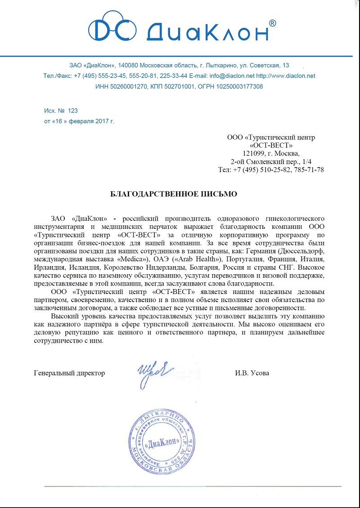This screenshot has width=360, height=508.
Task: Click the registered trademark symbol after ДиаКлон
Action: (x=272, y=23)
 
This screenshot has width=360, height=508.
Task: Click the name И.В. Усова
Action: (x=252, y=373)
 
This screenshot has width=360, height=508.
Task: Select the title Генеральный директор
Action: (x=69, y=373)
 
